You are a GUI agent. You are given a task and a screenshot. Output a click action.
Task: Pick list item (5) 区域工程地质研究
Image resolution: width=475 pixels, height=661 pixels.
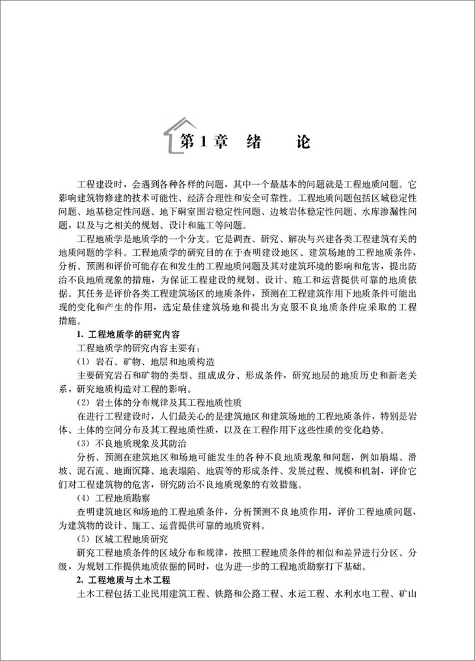coord(122,539)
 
